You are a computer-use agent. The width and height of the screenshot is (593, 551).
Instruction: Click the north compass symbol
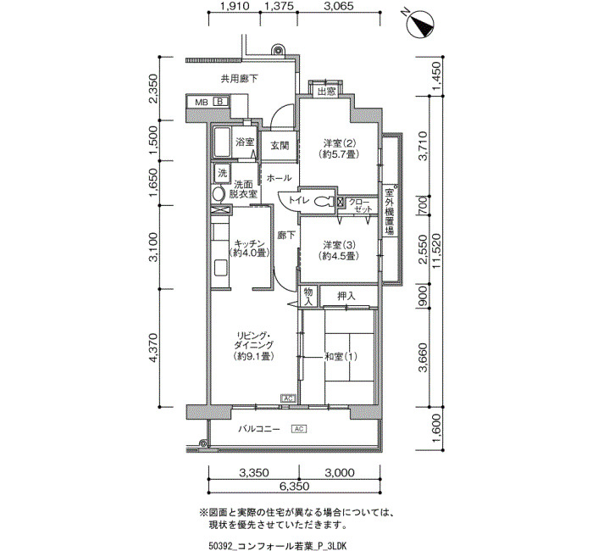[420, 25]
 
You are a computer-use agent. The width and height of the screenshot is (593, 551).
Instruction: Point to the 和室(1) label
[341, 357]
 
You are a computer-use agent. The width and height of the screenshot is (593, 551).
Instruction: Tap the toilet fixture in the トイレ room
[324, 202]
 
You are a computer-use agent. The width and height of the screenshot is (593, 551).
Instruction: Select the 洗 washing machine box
[222, 173]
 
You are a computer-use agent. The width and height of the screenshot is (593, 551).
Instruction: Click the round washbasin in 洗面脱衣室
[218, 194]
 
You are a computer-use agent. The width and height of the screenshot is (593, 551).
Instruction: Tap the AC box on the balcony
[299, 429]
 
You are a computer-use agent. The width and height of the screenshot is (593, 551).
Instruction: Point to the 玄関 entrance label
[280, 145]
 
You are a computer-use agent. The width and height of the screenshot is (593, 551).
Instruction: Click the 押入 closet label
[346, 296]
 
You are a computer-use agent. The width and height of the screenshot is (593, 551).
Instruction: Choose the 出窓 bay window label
[326, 92]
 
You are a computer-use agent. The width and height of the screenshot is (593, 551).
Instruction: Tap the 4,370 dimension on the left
[153, 348]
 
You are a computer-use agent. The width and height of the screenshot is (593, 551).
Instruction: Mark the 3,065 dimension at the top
[339, 6]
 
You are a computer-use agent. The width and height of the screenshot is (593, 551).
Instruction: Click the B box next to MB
[220, 102]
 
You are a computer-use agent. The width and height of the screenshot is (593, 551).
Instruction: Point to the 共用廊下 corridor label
[240, 79]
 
